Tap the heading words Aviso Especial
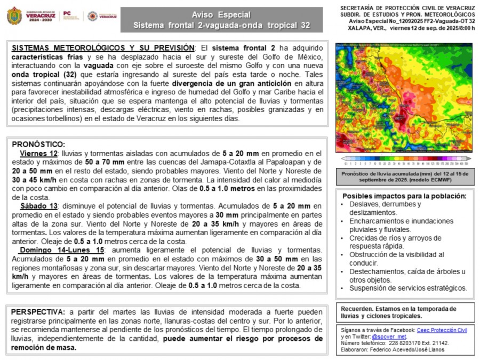pyautogui.click(x=221, y=15)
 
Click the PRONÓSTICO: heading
pyautogui.click(x=38, y=144)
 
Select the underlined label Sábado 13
pyautogui.click(x=40, y=206)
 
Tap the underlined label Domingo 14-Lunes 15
pyautogui.click(x=62, y=250)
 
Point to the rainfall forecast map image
pyautogui.click(x=405, y=98)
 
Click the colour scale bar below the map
pyautogui.click(x=405, y=158)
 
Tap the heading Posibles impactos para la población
pyautogui.click(x=404, y=196)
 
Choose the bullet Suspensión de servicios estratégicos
pyautogui.click(x=408, y=288)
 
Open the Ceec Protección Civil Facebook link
pyautogui.click(x=442, y=330)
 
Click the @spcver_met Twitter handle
pyautogui.click(x=389, y=337)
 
